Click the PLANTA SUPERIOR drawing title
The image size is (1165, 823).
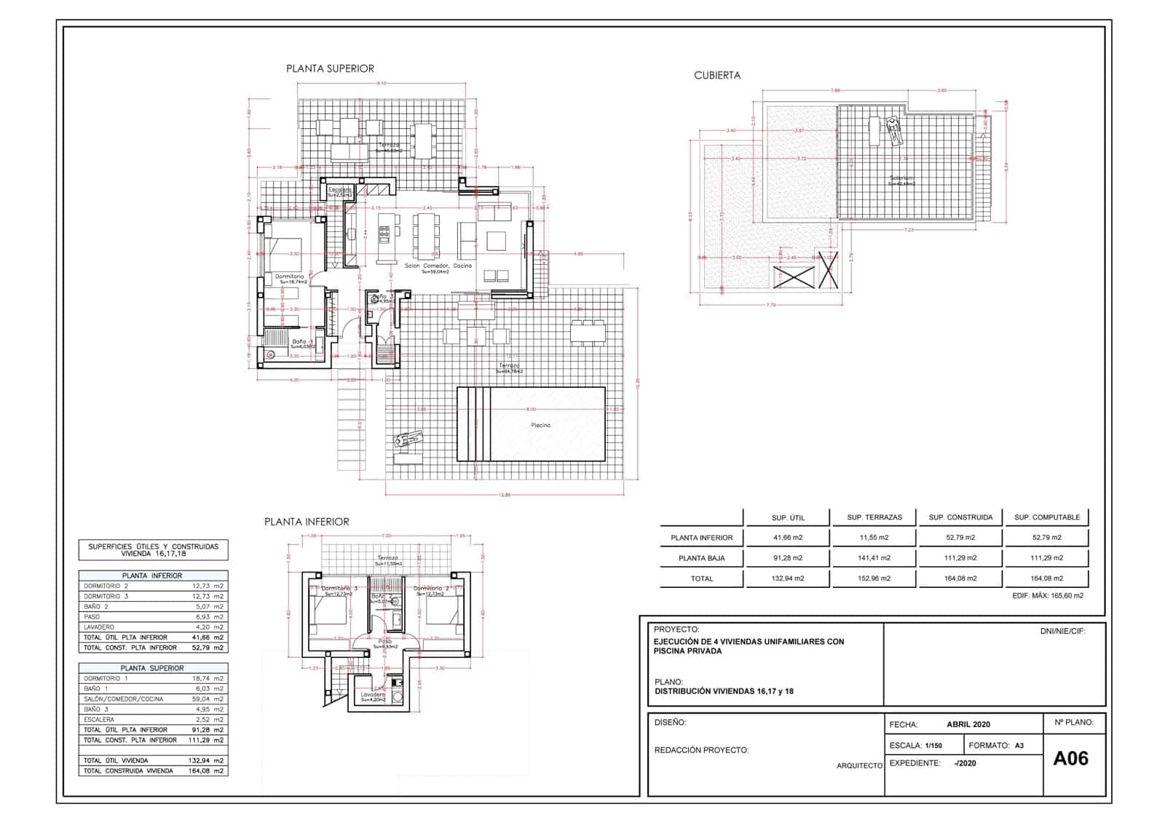coord(330,68)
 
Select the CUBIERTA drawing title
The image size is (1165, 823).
coord(717,75)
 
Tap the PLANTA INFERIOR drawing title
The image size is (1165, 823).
coord(307,522)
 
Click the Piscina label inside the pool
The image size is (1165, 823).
coord(540,425)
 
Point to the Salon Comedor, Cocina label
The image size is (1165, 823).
coord(438,266)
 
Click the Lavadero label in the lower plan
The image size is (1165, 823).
coord(373,694)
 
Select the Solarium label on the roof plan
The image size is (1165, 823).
coord(901,178)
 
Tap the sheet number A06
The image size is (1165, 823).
coord(1070,758)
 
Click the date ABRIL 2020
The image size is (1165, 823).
coord(968,724)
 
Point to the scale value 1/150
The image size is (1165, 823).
coord(933,746)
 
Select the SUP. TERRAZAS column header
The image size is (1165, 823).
coord(874,517)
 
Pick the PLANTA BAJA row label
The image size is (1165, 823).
coord(702,558)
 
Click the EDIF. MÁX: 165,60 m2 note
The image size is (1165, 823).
coord(1048,595)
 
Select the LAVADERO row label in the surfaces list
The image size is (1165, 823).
coord(99,627)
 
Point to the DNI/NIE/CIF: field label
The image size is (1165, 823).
coord(1062,632)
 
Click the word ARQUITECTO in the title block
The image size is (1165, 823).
coord(859,766)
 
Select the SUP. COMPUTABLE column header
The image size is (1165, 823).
coord(1047,517)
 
